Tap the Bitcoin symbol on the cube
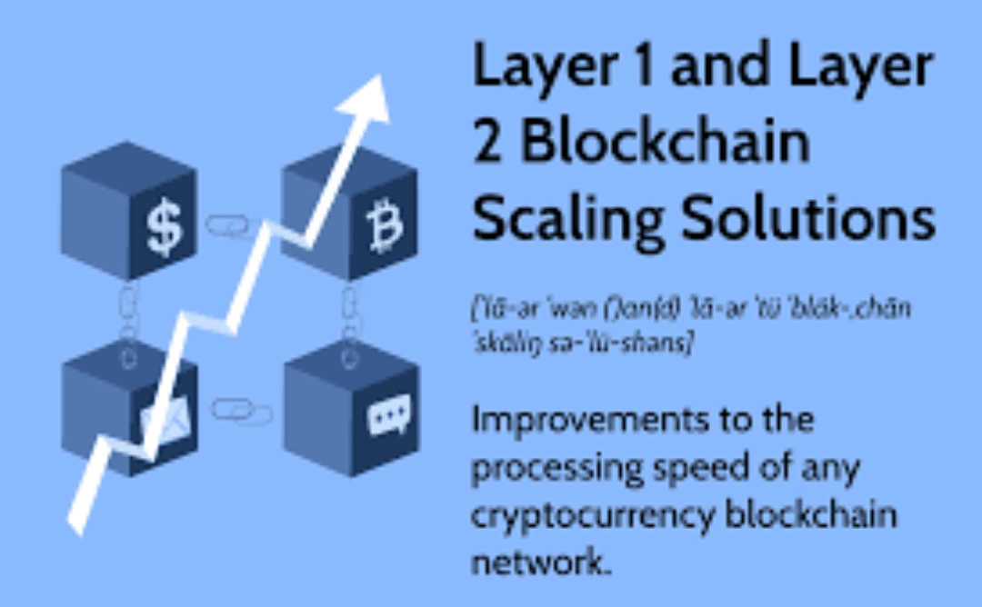pyautogui.click(x=383, y=229)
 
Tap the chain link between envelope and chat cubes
pyautogui.click(x=242, y=411)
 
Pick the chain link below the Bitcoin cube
pyautogui.click(x=350, y=314)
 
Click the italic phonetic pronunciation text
pyautogui.click(x=691, y=323)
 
